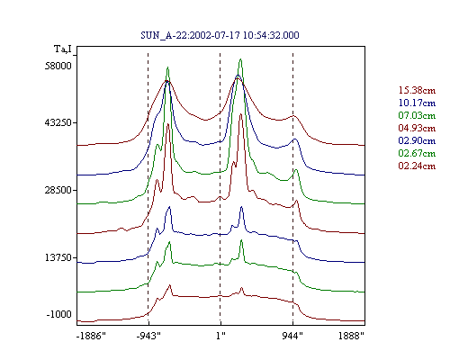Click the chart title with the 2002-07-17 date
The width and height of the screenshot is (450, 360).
220,35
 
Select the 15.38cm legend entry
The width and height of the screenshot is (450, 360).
417,90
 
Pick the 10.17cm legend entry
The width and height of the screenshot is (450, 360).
417,103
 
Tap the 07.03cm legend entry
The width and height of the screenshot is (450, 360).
417,115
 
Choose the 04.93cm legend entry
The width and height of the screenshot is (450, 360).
417,128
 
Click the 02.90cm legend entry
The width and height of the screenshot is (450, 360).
417,140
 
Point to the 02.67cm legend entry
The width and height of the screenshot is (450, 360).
417,153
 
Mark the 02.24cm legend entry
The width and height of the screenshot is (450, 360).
417,166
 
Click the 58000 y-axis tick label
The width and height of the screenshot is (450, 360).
58,66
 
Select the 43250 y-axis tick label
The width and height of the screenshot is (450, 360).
58,122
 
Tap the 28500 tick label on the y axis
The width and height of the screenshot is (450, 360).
58,190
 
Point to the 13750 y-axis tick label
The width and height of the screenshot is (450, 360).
58,257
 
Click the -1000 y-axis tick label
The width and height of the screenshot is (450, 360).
59,314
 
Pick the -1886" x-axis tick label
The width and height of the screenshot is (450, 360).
91,336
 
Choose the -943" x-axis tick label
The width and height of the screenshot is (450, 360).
148,336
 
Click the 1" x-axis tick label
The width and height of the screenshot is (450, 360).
220,336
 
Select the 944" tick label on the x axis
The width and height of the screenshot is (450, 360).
292,336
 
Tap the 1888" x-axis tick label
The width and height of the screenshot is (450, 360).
351,336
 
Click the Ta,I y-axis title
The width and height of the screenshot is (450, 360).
63,49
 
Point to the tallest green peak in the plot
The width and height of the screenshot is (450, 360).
240,59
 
